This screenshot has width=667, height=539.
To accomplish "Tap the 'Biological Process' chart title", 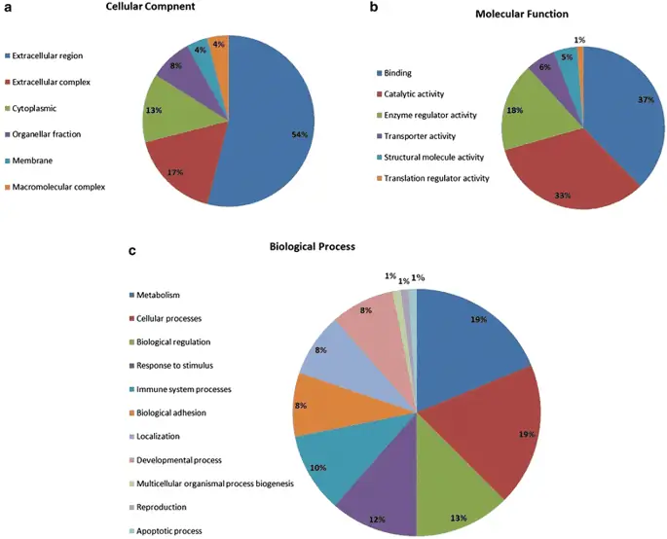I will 313,247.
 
